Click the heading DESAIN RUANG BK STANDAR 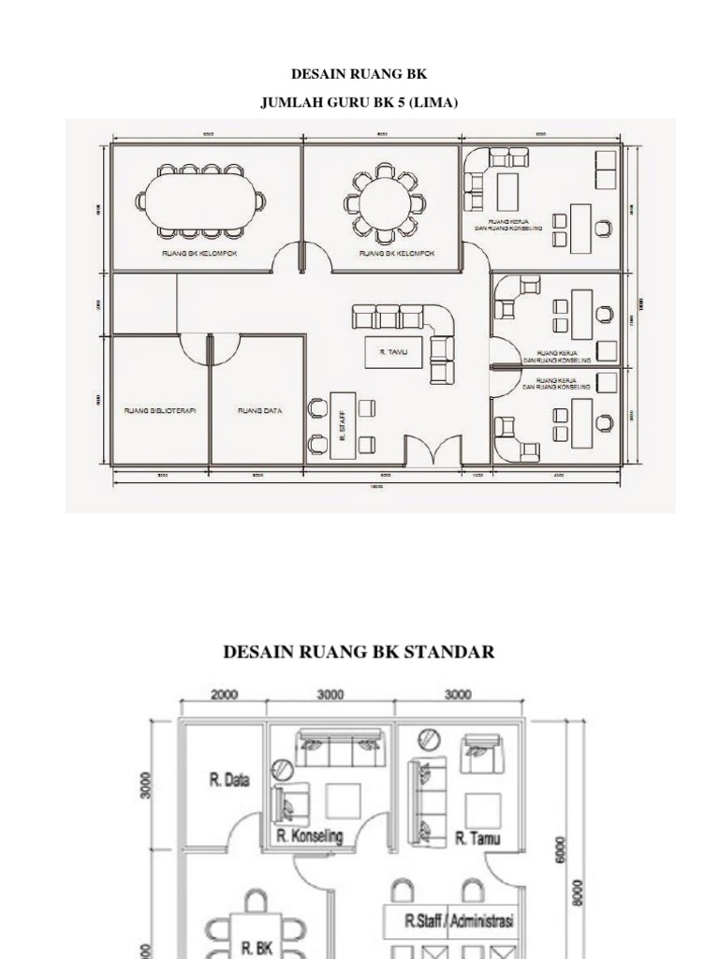coord(359,652)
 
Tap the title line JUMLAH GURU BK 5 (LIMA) coord(359,102)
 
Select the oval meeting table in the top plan coord(200,199)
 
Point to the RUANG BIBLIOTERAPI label coord(159,410)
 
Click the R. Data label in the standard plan coord(225,779)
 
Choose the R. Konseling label coord(310,835)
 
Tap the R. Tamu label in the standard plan coord(477,837)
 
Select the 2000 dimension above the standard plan coord(225,695)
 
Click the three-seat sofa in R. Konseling coord(330,747)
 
